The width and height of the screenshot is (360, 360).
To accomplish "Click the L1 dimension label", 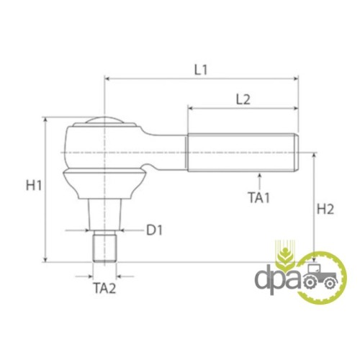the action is [x=200, y=70].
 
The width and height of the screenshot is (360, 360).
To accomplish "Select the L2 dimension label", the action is [x=243, y=99].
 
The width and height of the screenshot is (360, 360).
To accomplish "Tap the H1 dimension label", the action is [x=34, y=185].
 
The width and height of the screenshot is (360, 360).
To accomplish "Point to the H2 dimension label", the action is [x=325, y=209].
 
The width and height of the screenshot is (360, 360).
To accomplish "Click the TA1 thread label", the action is [x=259, y=198].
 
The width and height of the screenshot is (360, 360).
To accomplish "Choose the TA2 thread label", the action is [x=104, y=288].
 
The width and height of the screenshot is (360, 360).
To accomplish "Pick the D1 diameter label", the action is [x=154, y=230].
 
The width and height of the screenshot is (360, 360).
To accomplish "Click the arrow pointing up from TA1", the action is [x=259, y=182].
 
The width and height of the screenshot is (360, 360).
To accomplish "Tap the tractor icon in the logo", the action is [x=320, y=276].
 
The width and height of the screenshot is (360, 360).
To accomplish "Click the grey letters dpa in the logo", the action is [x=278, y=281].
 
